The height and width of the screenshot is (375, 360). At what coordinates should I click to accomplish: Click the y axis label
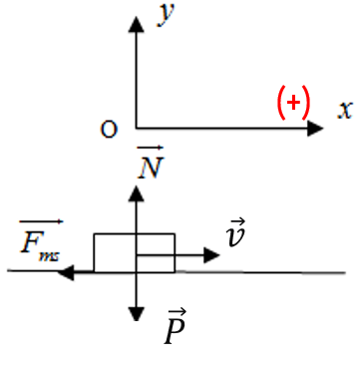tap(166, 15)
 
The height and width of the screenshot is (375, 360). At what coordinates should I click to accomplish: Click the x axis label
tap(345, 110)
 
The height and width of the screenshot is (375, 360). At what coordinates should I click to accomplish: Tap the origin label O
tap(109, 130)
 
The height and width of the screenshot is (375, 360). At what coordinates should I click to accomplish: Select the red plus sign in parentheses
tap(293, 102)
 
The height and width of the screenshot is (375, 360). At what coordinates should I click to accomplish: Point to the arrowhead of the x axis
tap(315, 128)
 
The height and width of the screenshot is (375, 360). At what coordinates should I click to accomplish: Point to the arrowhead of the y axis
tap(136, 24)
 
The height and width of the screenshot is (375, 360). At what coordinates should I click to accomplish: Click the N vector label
tap(151, 162)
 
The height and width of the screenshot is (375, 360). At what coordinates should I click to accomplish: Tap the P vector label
tap(176, 326)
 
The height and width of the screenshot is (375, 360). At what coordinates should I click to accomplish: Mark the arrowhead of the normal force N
tap(136, 193)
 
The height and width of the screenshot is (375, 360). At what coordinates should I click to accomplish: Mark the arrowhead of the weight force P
tap(136, 314)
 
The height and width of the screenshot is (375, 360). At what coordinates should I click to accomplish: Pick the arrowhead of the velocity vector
tap(211, 255)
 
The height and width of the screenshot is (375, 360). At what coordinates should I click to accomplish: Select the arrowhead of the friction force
tap(66, 272)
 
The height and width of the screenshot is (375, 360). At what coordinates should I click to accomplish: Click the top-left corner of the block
tap(95, 234)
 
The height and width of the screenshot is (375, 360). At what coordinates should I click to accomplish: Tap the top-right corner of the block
tap(175, 234)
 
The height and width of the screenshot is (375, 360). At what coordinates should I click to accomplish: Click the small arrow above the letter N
tap(151, 148)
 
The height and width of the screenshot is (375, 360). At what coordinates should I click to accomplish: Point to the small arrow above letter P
tap(177, 312)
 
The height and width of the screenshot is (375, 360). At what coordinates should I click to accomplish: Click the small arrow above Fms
tap(41, 221)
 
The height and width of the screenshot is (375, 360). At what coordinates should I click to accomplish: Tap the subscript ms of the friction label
tap(49, 256)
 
